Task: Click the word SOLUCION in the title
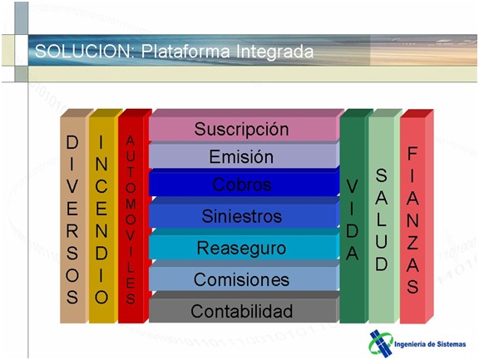tap(82, 51)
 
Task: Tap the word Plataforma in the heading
tap(185, 52)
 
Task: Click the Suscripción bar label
tap(241, 130)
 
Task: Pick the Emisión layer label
tap(241, 156)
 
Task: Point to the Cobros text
tap(242, 185)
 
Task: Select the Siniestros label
tap(242, 216)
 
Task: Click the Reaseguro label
tap(241, 248)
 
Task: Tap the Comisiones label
tap(241, 279)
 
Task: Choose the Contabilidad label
tap(242, 311)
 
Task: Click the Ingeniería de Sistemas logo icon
tap(381, 344)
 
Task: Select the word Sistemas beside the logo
tap(452, 344)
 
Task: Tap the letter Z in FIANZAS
tap(412, 243)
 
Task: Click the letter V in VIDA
tap(353, 186)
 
